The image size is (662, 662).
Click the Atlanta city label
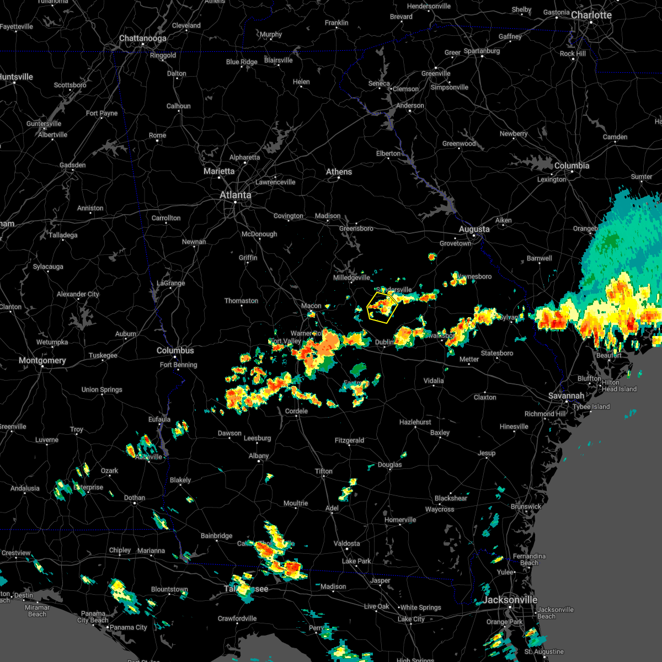[235, 195]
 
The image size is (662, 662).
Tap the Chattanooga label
[143, 39]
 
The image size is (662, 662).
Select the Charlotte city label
[591, 15]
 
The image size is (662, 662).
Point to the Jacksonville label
[510, 600]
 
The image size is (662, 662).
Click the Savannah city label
[567, 396]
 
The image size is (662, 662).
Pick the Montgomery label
[42, 360]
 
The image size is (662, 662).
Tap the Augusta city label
[474, 229]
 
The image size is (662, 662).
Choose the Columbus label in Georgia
[175, 350]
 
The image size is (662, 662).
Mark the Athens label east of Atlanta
[339, 172]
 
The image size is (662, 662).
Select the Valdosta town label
[346, 543]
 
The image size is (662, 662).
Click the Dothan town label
[135, 498]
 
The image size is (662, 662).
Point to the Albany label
[259, 456]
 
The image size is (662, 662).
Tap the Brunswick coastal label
[526, 506]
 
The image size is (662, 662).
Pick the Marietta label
[219, 171]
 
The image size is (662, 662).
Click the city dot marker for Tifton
[324, 477]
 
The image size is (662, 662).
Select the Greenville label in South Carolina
[436, 73]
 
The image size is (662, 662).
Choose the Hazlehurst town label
[415, 422]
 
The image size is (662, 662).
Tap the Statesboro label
[497, 353]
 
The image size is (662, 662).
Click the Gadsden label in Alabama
[72, 165]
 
